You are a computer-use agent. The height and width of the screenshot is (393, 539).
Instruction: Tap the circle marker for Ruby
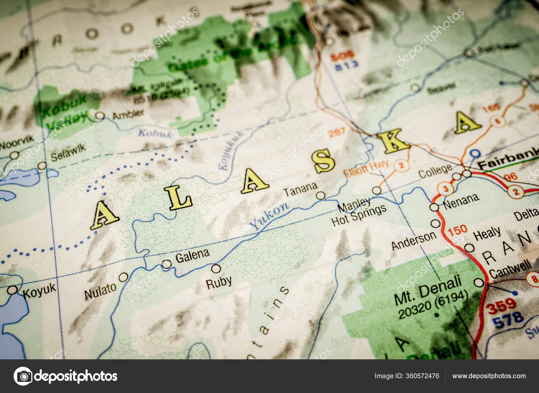tap(216, 268)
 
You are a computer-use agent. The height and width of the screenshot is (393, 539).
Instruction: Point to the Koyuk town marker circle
tap(12, 290)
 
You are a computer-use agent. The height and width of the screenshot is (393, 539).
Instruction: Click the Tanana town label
tap(300, 189)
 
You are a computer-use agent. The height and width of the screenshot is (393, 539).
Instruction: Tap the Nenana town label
tap(461, 201)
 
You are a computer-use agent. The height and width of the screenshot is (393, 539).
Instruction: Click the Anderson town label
tap(413, 241)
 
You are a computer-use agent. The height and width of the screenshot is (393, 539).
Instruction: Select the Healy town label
tap(487, 233)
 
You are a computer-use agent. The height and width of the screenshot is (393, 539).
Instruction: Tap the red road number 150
tap(457, 230)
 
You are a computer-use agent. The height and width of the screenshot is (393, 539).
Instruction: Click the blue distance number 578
tap(508, 320)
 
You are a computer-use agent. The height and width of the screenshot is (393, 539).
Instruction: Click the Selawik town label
tap(68, 153)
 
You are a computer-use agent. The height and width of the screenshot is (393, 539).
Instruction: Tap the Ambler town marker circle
tap(100, 116)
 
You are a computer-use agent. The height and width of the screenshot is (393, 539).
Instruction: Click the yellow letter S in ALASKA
tap(323, 161)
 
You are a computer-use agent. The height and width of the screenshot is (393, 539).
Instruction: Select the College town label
tap(435, 171)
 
